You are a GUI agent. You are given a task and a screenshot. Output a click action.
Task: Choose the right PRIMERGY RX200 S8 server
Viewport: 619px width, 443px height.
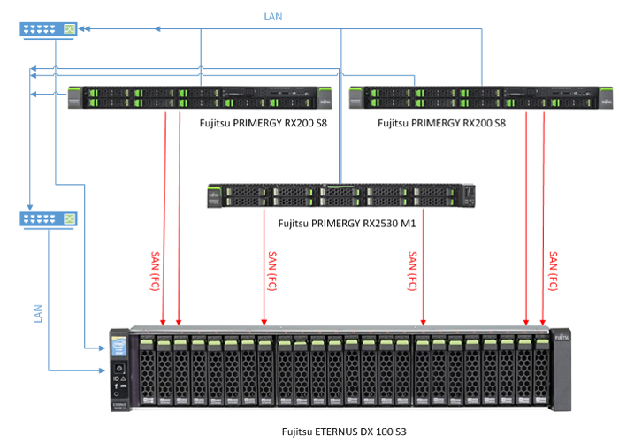[481, 97]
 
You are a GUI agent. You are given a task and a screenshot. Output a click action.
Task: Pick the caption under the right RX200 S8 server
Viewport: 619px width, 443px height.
[441, 124]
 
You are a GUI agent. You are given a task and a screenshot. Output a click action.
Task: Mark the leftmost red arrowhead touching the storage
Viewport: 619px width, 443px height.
[164, 321]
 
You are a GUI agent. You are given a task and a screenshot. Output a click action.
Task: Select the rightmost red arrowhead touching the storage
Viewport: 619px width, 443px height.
[543, 321]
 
